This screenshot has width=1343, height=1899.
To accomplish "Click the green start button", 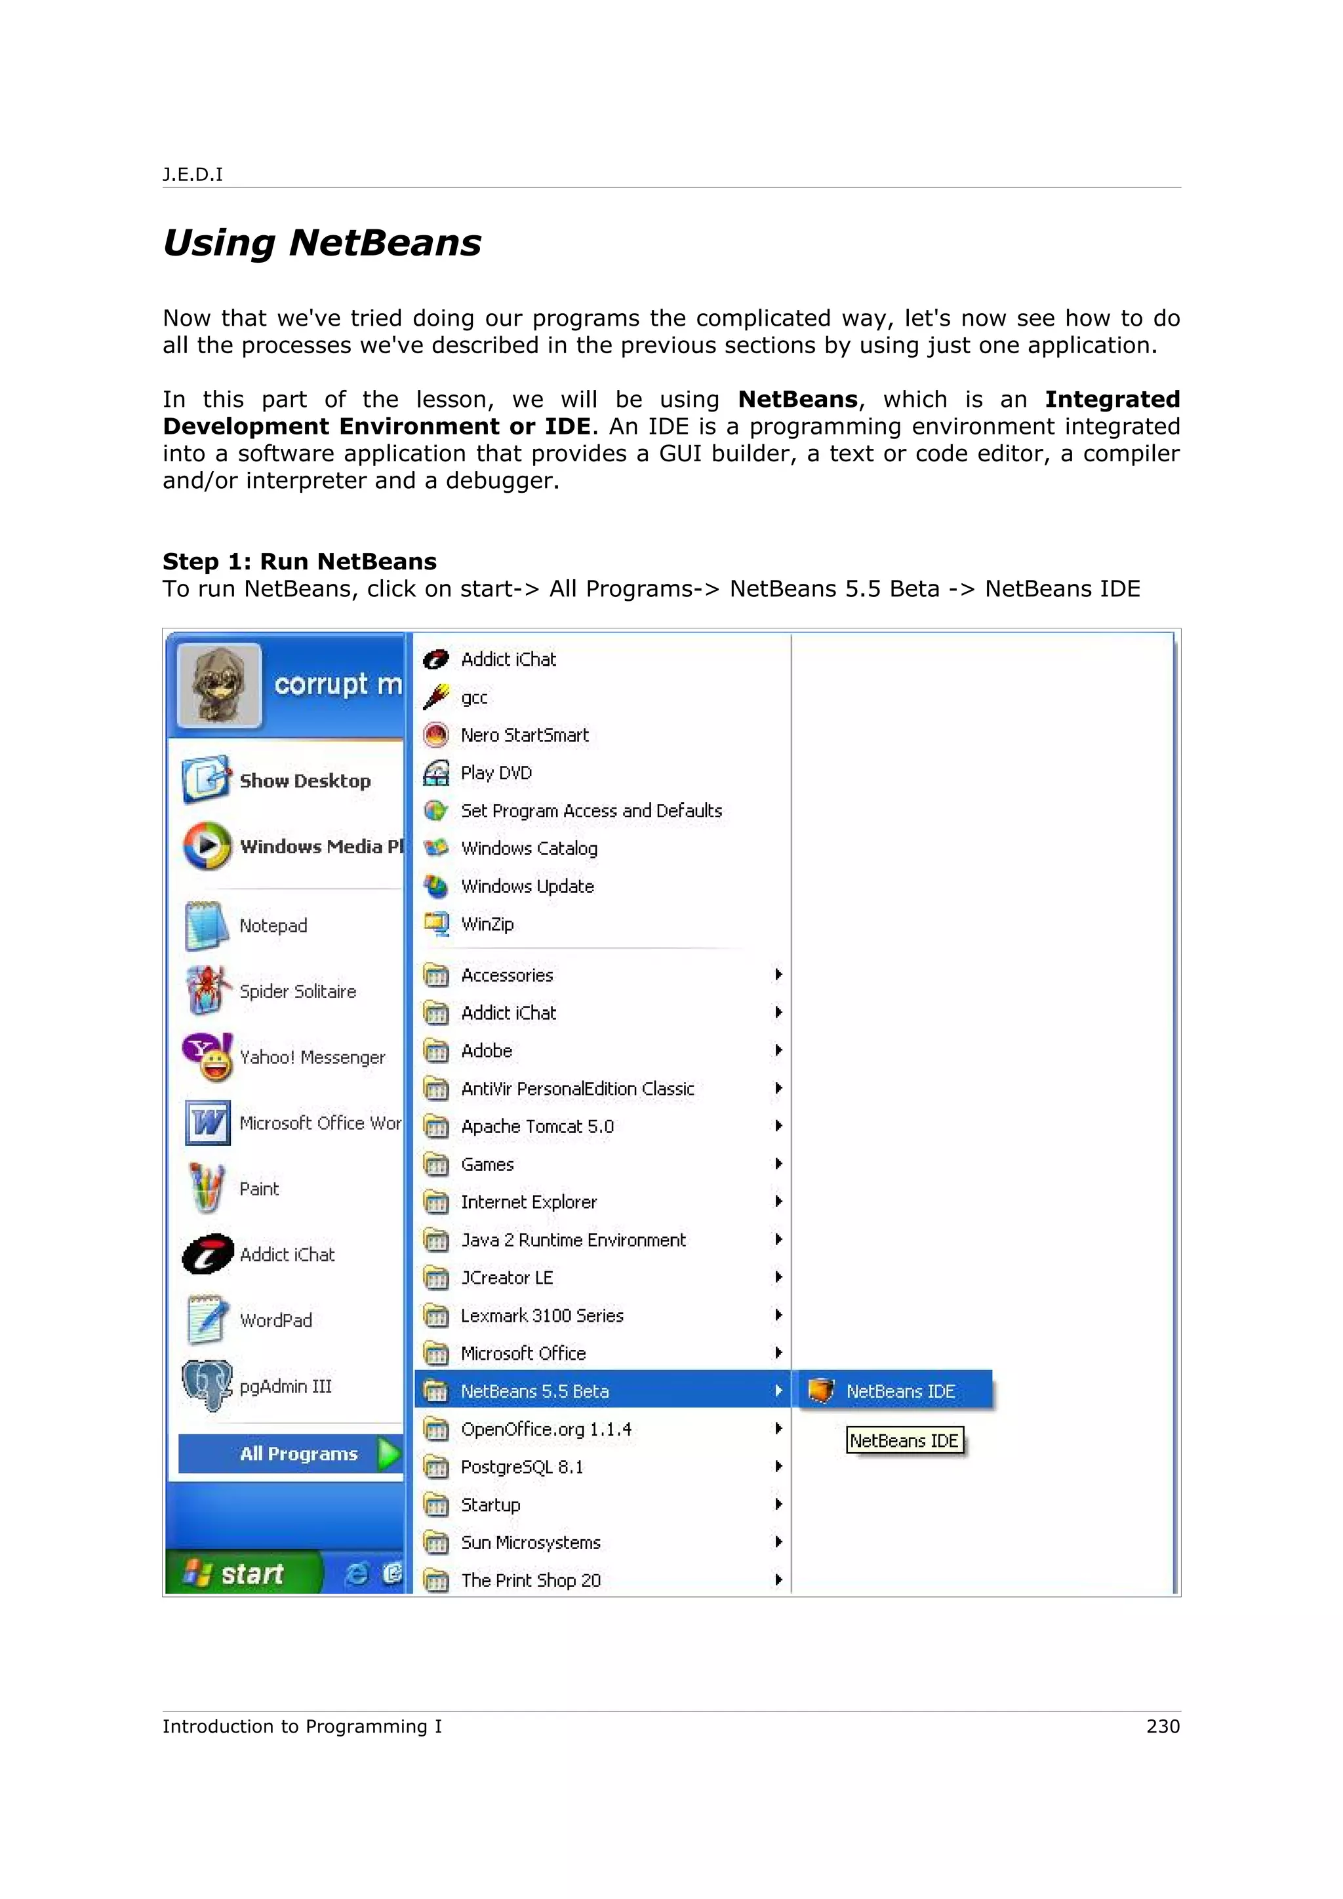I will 240,1573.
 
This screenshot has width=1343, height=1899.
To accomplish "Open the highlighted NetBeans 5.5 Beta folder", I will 534,1391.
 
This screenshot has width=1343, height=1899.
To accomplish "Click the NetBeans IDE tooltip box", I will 904,1441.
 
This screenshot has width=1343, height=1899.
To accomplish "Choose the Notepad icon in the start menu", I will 206,925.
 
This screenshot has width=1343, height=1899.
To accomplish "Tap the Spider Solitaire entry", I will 297,991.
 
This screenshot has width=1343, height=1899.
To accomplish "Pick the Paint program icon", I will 206,1189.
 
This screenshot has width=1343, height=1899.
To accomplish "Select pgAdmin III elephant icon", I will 207,1386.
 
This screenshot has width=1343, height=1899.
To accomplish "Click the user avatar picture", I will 218,685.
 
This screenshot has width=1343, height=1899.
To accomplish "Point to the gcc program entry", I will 474,697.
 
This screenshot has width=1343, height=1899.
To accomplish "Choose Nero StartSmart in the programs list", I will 525,735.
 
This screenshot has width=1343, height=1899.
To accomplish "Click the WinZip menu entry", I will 487,924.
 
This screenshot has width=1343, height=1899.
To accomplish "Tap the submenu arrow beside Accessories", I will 778,975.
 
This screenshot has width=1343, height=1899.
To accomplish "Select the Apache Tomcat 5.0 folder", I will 537,1126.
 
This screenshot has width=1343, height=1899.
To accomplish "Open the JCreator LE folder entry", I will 506,1278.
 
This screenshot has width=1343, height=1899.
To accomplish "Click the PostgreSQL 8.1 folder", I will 522,1467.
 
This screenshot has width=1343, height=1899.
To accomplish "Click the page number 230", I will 1163,1726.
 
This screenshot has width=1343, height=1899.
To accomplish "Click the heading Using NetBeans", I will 322,243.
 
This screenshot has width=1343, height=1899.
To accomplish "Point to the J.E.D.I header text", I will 193,174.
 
